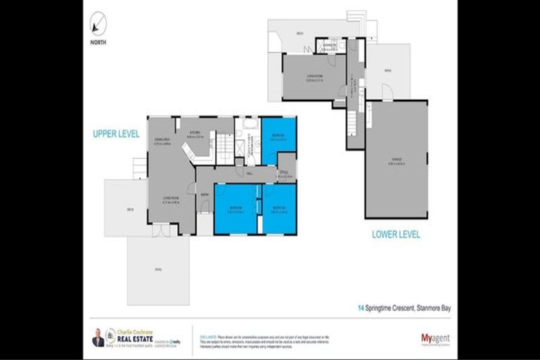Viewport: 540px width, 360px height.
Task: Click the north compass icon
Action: tap(98, 24)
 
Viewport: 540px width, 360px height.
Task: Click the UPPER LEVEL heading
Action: tap(116, 133)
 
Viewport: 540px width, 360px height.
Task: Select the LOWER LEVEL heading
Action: tap(396, 234)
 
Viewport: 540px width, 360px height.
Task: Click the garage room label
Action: tap(396, 160)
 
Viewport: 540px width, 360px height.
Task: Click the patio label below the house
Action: tap(158, 268)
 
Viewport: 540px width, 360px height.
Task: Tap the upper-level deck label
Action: tap(129, 209)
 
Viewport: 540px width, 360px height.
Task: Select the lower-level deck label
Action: tap(299, 32)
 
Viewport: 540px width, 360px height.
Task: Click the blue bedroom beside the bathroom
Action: tap(278, 139)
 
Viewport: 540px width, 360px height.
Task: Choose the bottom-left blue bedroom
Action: tap(235, 209)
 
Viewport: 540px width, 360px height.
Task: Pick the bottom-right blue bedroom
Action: tap(279, 209)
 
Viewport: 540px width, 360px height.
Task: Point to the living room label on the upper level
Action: tap(170, 198)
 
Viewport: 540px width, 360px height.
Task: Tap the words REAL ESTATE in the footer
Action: tap(132, 337)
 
